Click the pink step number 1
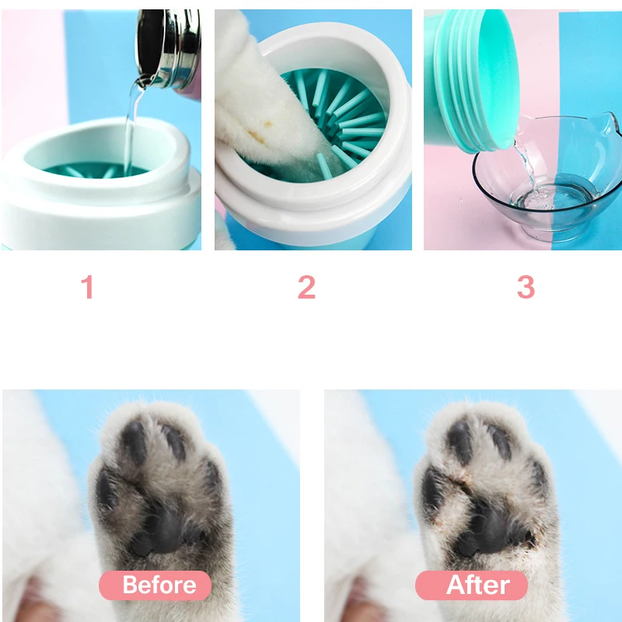(x=87, y=288)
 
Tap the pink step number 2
(x=306, y=288)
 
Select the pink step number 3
(x=526, y=288)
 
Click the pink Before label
(x=155, y=585)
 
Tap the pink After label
(x=471, y=585)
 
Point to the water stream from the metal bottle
(x=131, y=124)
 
